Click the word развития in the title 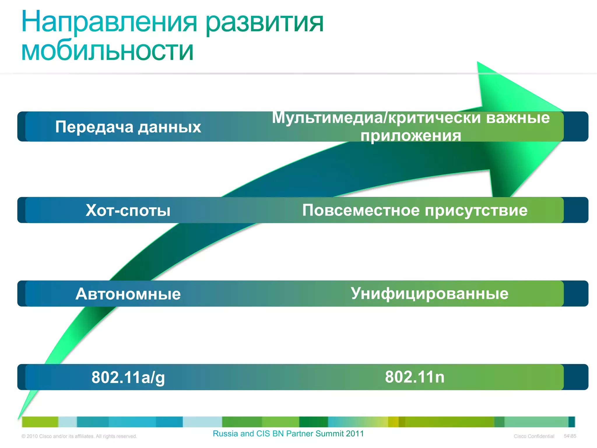[x=265, y=23]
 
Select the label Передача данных [x=128, y=127]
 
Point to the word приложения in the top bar [x=411, y=136]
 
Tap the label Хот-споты [x=128, y=210]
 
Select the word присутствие [x=476, y=210]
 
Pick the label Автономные [x=128, y=294]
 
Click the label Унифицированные [x=429, y=293]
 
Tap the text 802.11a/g [x=128, y=377]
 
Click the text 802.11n [x=415, y=377]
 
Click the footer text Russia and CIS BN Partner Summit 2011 [x=288, y=434]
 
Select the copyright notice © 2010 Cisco [x=79, y=436]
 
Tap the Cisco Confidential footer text [x=534, y=436]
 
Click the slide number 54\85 [x=570, y=436]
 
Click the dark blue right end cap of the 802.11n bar [x=576, y=377]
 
